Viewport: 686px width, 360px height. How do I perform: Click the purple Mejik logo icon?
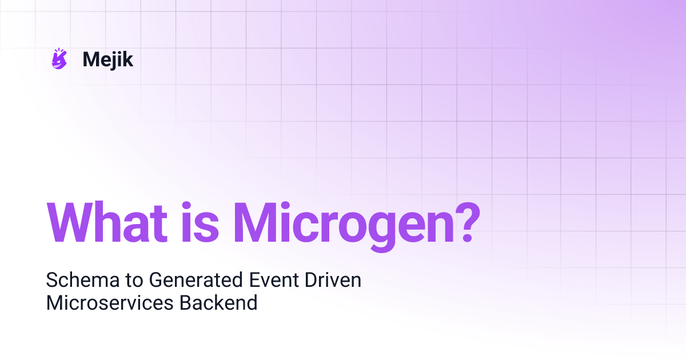tap(59, 59)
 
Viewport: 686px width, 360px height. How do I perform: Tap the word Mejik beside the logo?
tap(108, 59)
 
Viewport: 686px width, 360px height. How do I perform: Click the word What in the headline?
tap(106, 222)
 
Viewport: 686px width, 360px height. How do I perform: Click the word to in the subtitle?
tap(130, 281)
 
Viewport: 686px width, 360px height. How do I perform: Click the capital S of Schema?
tap(51, 281)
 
